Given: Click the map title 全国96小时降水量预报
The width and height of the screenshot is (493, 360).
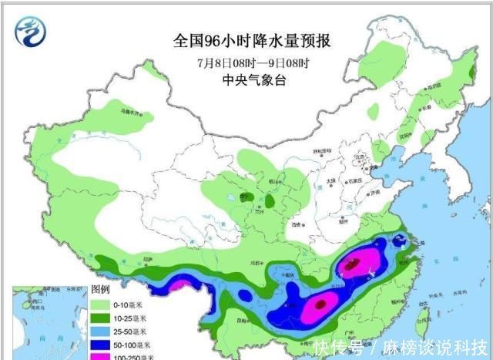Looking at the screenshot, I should point(247,39).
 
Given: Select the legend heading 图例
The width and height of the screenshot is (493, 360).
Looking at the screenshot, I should point(100,290).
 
